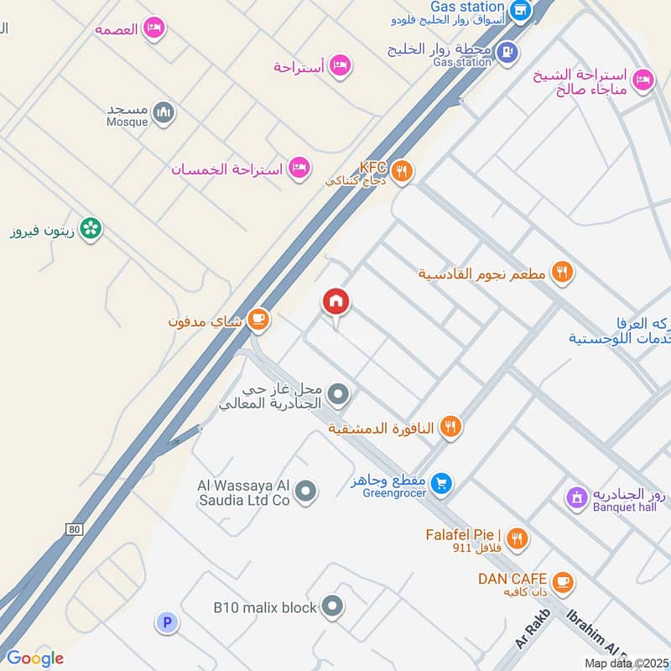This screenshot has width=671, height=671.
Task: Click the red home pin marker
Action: pyautogui.click(x=336, y=301)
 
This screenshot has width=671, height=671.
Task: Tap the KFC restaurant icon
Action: pyautogui.click(x=403, y=171)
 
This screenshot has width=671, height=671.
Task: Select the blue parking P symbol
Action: pyautogui.click(x=166, y=622)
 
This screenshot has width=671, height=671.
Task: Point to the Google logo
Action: pyautogui.click(x=34, y=658)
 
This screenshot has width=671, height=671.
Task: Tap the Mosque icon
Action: pyautogui.click(x=164, y=112)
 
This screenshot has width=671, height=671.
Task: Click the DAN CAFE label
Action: pyautogui.click(x=512, y=579)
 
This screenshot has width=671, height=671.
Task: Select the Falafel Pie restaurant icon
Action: pyautogui.click(x=518, y=539)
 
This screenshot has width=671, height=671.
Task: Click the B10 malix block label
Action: pyautogui.click(x=264, y=606)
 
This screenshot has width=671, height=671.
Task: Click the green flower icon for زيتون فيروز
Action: pyautogui.click(x=91, y=227)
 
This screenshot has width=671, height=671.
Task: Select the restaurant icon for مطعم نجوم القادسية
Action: pyautogui.click(x=562, y=273)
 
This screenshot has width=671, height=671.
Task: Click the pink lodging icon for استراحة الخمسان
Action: pyautogui.click(x=298, y=169)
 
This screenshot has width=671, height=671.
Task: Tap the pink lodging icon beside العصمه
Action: pyautogui.click(x=153, y=29)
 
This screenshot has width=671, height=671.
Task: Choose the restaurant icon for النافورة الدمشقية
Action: pyautogui.click(x=450, y=428)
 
